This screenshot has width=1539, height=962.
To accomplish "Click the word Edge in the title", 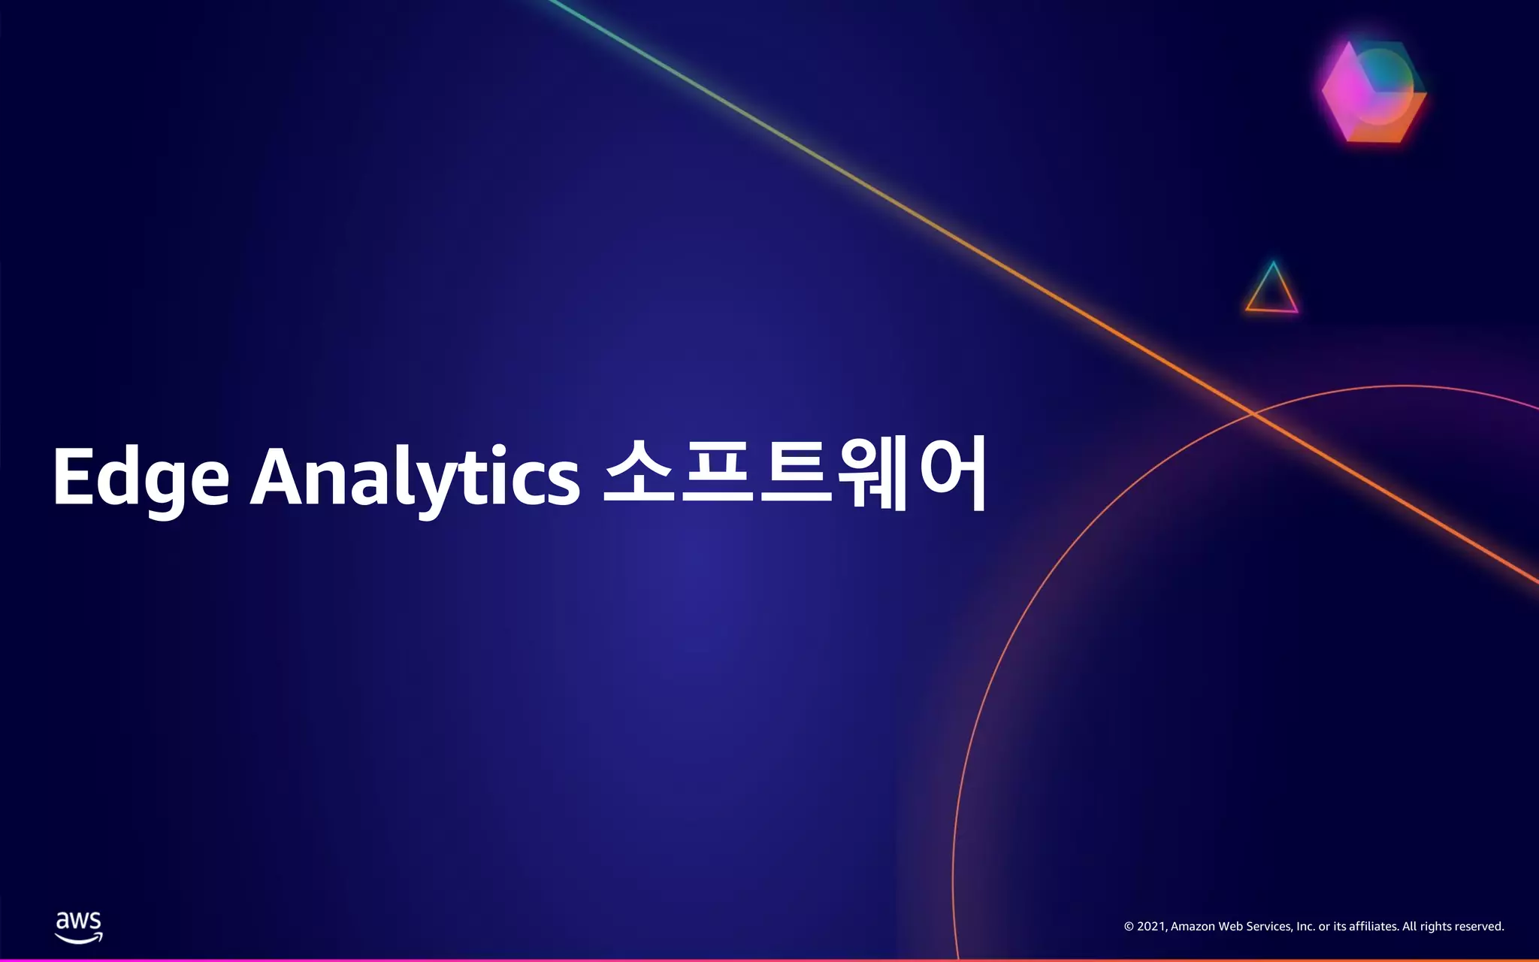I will (x=141, y=478).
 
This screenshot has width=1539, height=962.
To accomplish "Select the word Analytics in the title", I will (x=415, y=478).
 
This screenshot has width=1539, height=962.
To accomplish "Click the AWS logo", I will (x=79, y=927).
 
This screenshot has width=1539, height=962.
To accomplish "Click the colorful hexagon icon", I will (x=1374, y=92).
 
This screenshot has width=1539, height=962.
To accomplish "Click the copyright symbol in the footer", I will (x=1128, y=927).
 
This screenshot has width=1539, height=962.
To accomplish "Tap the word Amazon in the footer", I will (x=1193, y=927).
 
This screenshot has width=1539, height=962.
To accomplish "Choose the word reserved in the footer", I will (x=1479, y=927).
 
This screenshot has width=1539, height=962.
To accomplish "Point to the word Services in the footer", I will (x=1269, y=927).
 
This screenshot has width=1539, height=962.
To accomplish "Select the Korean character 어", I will (x=953, y=473).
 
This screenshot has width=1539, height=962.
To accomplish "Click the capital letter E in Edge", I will (x=71, y=476).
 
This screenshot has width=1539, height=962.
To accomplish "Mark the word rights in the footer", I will (x=1435, y=927).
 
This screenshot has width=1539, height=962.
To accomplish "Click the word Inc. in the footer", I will (x=1306, y=927).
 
